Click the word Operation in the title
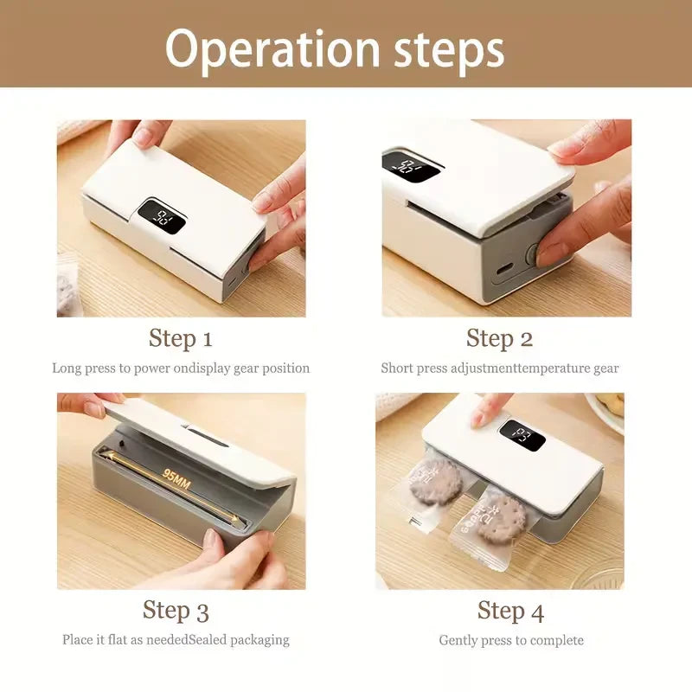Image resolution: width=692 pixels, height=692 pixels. pyautogui.click(x=272, y=50)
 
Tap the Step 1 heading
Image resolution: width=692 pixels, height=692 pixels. pyautogui.click(x=181, y=339)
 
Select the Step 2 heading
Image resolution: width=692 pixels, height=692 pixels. pyautogui.click(x=500, y=339)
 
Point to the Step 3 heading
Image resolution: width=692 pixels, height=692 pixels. pyautogui.click(x=176, y=611)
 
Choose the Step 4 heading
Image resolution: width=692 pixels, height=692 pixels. pyautogui.click(x=510, y=612)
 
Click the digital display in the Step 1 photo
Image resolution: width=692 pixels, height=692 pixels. pyautogui.click(x=162, y=216)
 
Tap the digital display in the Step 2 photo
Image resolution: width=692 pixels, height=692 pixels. pyautogui.click(x=412, y=166)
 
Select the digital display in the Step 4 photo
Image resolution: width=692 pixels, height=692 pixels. pyautogui.click(x=522, y=435)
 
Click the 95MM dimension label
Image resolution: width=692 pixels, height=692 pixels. pyautogui.click(x=176, y=480)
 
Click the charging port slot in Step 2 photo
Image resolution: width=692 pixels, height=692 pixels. pyautogui.click(x=504, y=269)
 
